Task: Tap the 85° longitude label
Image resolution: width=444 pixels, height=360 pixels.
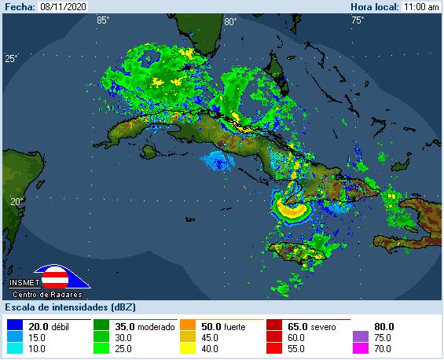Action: pyautogui.click(x=102, y=20)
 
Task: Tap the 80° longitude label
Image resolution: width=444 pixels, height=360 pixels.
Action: pyautogui.click(x=229, y=21)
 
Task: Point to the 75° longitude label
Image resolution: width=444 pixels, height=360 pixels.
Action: pyautogui.click(x=357, y=20)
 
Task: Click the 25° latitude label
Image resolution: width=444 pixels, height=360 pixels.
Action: pyautogui.click(x=11, y=59)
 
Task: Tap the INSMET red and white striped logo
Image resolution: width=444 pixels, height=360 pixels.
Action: pyautogui.click(x=54, y=277)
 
